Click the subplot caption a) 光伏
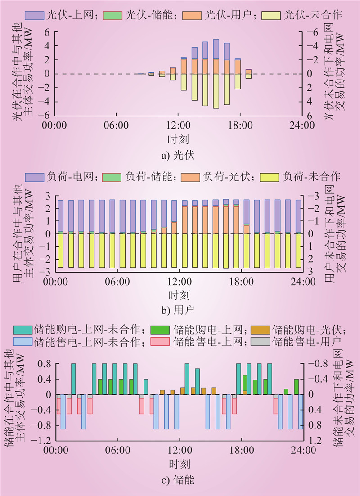[x=180, y=156]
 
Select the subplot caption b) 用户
[x=180, y=310]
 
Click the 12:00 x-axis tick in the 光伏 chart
[x=180, y=125]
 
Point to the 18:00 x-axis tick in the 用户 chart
[x=241, y=282]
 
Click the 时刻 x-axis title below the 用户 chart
[x=180, y=295]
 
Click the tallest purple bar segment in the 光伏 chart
[x=216, y=49]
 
